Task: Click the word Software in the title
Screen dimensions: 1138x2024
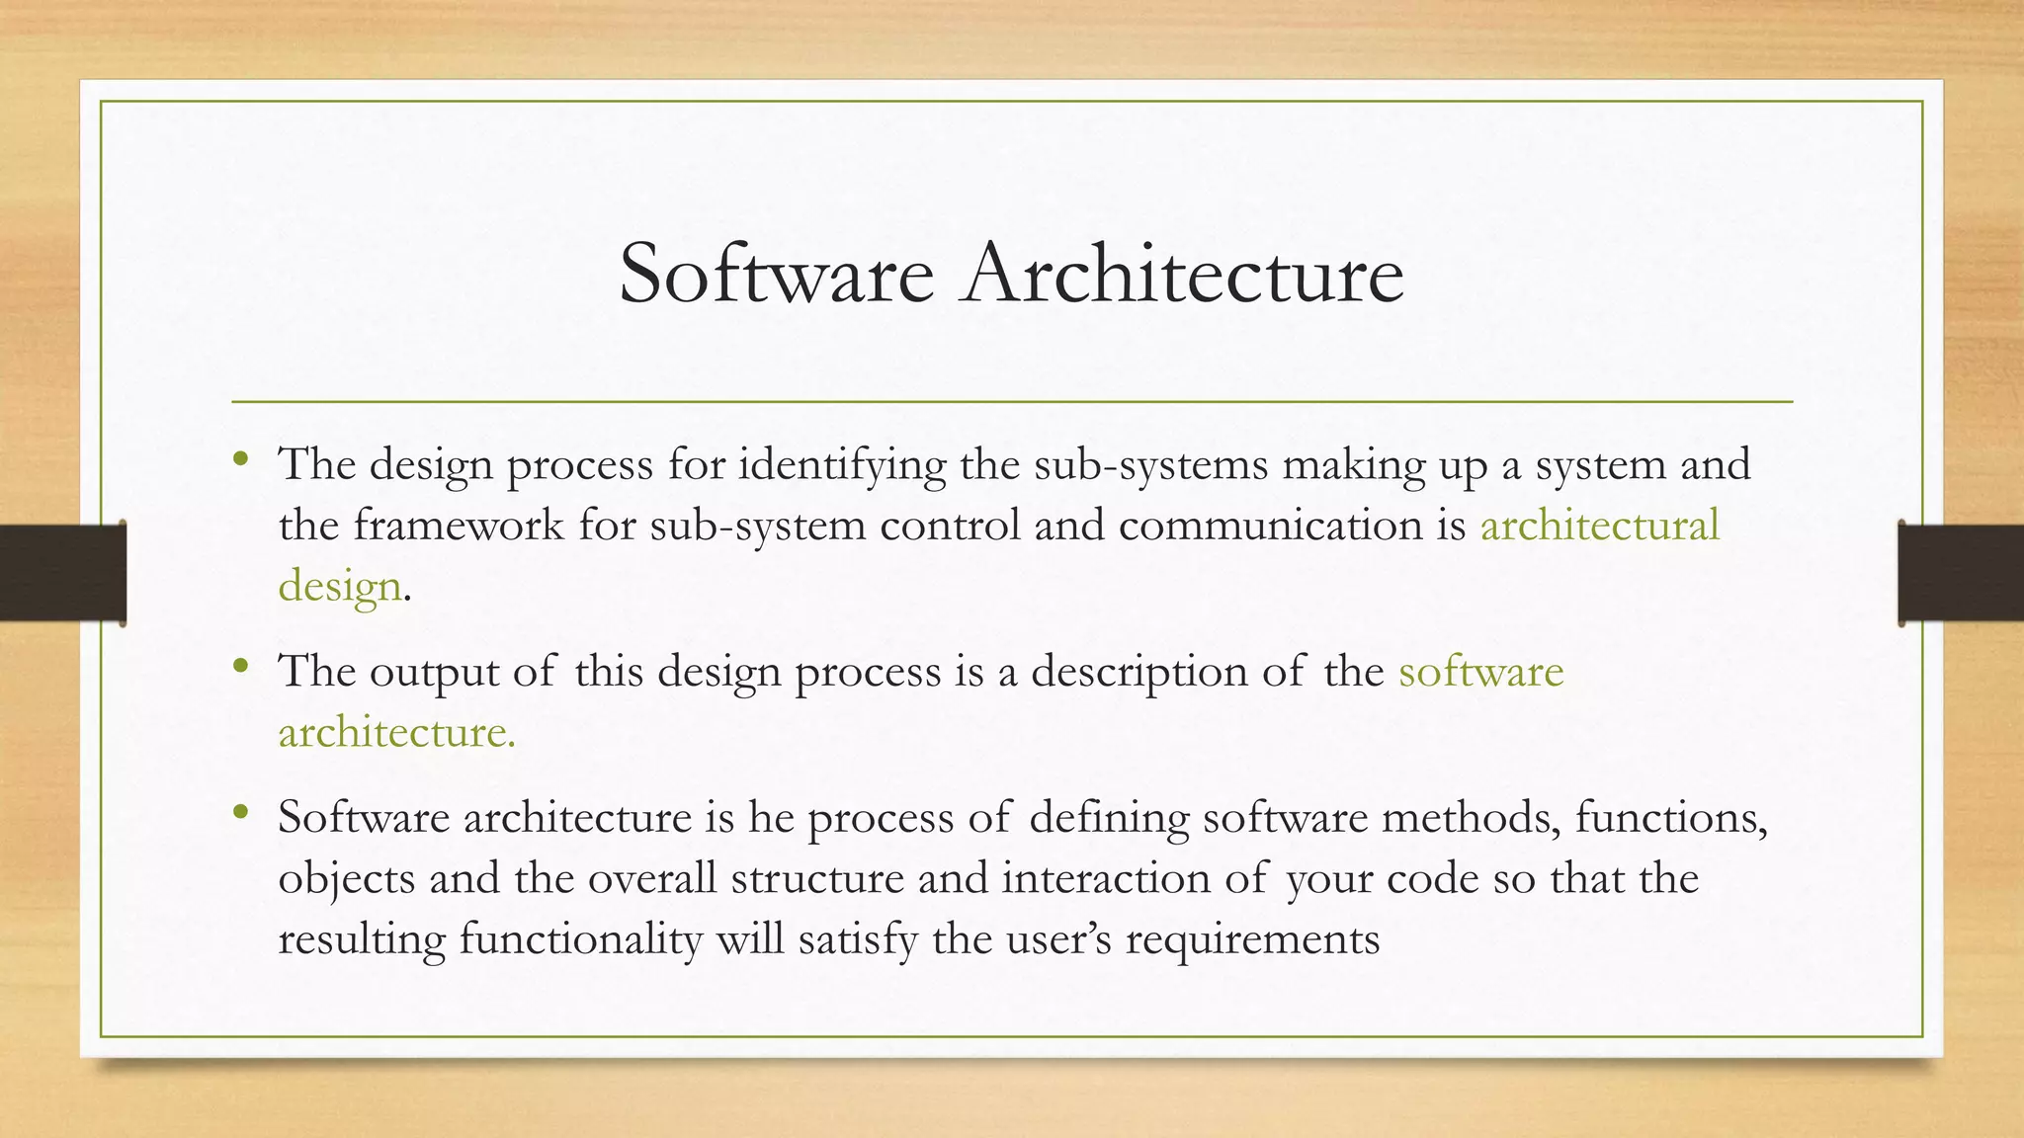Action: (x=776, y=274)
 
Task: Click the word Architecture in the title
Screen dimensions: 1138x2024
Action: (x=1184, y=274)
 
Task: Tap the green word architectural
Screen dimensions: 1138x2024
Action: (x=1599, y=525)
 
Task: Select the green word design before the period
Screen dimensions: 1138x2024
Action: (x=339, y=586)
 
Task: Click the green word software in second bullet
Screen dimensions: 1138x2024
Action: (x=1480, y=672)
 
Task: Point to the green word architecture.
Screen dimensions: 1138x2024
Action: (x=395, y=733)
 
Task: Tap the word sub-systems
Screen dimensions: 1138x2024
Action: (x=1150, y=465)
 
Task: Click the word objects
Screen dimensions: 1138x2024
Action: (x=346, y=879)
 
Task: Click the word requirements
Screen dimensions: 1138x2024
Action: (x=1252, y=939)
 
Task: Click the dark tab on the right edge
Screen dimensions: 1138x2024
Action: (x=1961, y=573)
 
